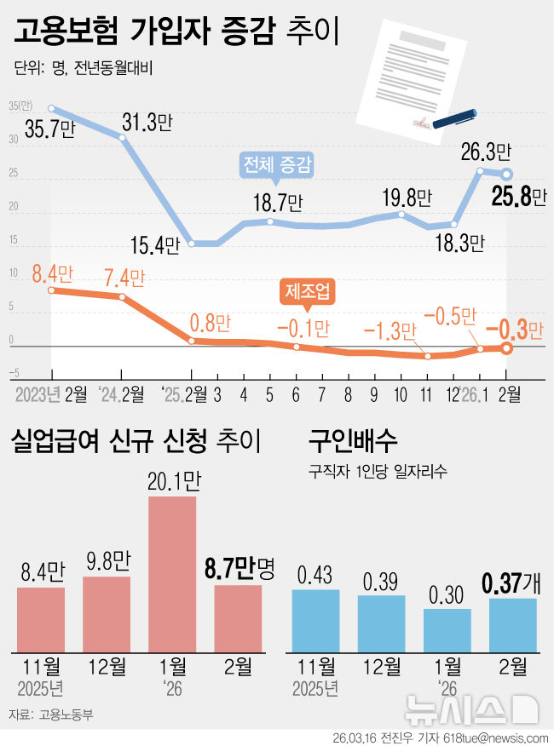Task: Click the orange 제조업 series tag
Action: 306,292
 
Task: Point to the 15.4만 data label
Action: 155,246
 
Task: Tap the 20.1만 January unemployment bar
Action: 172,574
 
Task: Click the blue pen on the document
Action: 453,118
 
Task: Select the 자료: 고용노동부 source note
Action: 51,714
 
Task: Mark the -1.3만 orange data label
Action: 390,330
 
